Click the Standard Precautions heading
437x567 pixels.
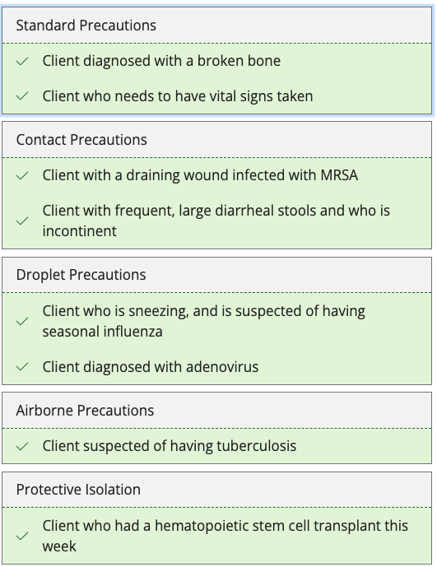pos(86,26)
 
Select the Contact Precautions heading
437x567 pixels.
pos(81,140)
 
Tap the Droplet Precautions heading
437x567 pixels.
pos(81,275)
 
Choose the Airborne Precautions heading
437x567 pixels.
pos(85,411)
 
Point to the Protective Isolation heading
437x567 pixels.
pos(78,490)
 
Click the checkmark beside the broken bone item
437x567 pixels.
pos(22,61)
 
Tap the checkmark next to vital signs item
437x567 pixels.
pos(22,96)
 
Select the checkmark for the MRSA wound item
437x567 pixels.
pos(22,175)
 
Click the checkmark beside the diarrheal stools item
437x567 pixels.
pos(22,221)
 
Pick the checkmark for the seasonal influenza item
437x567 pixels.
pos(22,321)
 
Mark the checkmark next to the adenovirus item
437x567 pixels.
pos(22,367)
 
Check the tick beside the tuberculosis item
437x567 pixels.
pos(22,446)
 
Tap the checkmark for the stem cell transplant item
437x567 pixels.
pos(22,536)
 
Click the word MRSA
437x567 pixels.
pos(339,175)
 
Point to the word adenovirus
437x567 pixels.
pos(222,367)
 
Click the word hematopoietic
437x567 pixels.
pos(211,526)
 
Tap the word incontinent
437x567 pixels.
pos(80,231)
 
